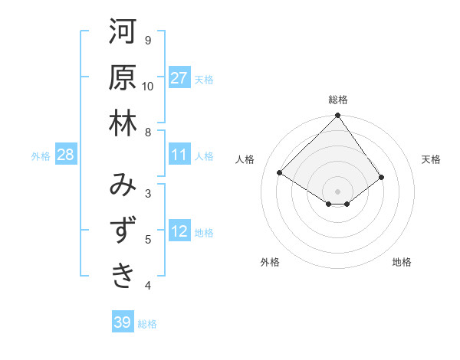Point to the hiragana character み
pos(123,186)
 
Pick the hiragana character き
pos(123,277)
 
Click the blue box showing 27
pos(179,77)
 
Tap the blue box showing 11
pos(179,155)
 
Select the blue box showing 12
pos(179,232)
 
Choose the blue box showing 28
pos(66,155)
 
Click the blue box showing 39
pos(122,322)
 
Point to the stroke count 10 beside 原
pos(148,86)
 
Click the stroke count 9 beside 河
pos(148,40)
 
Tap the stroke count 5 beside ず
pos(148,240)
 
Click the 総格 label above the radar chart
pos(338,100)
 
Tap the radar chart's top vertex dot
pos(338,116)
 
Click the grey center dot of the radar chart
pos(338,191)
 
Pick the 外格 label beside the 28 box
pos(41,155)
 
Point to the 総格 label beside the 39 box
pos(148,323)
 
